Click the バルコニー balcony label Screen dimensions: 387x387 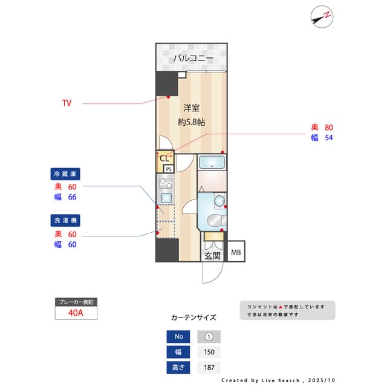pos(193,58)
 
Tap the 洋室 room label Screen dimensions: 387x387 pos(192,108)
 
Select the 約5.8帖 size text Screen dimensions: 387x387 pos(192,122)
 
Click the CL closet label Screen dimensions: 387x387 pos(164,158)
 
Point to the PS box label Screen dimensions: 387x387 pos(169,169)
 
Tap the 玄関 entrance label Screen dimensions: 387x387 pos(212,256)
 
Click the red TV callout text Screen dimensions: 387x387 pos(67,103)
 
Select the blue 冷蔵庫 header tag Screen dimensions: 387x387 pos(65,174)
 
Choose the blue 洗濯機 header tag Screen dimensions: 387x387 pos(65,221)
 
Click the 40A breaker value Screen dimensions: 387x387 pos(75,313)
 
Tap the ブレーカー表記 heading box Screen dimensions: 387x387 pos(75,302)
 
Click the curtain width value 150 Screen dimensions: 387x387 pos(209,352)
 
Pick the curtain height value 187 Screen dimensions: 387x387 pos(209,367)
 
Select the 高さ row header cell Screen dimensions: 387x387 pos(178,367)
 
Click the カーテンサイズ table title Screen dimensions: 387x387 pos(193,317)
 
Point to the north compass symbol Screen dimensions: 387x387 pos(322,16)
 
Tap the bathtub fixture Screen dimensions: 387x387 pos(212,162)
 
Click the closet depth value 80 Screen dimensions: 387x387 pos(329,128)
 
